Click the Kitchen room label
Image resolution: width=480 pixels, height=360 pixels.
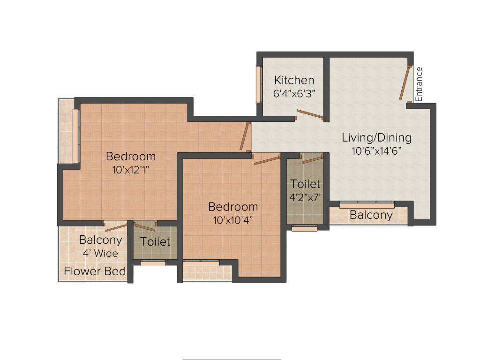[294, 80]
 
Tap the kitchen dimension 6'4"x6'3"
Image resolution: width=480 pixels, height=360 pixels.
[294, 93]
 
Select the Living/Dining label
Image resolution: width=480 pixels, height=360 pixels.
[376, 138]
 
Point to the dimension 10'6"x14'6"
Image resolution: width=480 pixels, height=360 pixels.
[377, 151]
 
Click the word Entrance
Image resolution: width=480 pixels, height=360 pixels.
[419, 84]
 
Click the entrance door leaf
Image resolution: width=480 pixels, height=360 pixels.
[405, 83]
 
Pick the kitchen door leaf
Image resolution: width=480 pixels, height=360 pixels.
[309, 114]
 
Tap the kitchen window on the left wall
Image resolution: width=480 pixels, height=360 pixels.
[258, 84]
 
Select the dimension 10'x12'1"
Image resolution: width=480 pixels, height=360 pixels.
[130, 170]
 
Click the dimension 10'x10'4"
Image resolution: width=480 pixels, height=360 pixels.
[233, 220]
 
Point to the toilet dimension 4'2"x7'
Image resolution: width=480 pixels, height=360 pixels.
[305, 197]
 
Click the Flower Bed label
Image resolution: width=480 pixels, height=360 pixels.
[95, 271]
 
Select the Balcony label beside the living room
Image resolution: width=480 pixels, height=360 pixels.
[371, 215]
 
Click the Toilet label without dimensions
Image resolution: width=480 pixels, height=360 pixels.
[155, 242]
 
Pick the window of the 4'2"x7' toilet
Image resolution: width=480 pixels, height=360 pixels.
[304, 228]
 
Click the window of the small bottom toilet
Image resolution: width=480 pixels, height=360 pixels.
[153, 263]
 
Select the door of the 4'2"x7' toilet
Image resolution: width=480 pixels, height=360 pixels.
[312, 160]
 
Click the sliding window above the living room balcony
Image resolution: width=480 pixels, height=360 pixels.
[367, 205]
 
